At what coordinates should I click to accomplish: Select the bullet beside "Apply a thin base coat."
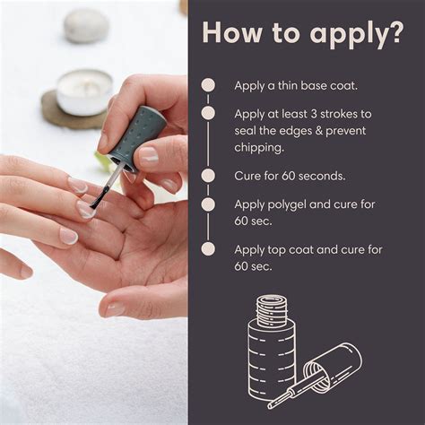(208, 85)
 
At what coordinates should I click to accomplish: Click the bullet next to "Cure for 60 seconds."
(208, 176)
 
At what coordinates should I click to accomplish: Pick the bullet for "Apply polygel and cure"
(208, 204)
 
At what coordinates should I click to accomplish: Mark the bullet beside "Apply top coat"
(208, 249)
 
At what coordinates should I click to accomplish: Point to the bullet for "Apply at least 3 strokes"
(208, 114)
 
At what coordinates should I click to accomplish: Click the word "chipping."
(258, 146)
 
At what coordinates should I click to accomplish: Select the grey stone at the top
(86, 25)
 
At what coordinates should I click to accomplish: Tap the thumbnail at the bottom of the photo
(116, 308)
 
